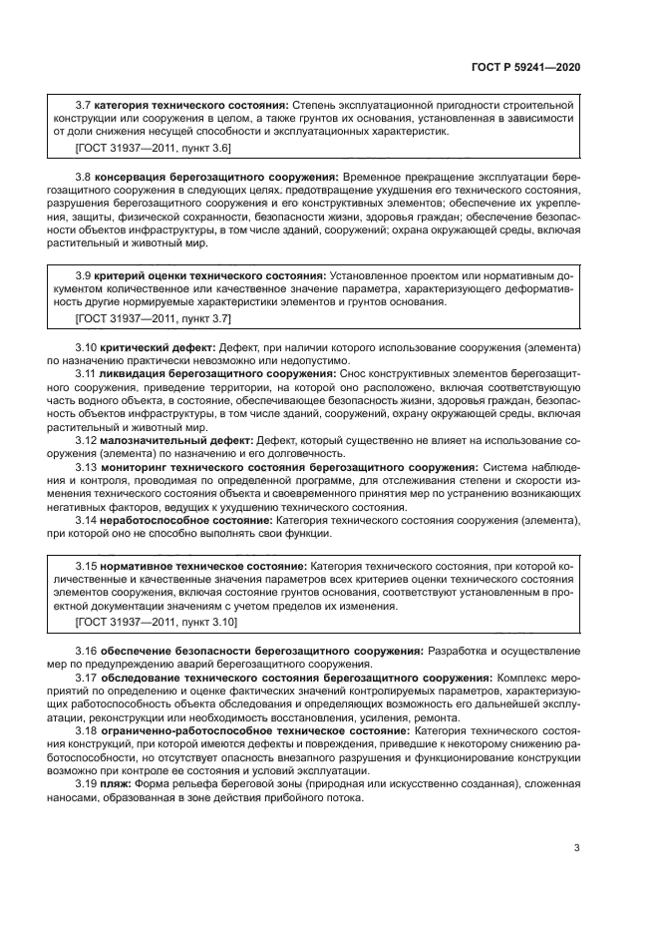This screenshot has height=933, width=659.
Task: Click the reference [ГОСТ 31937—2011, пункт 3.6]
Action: pyautogui.click(x=153, y=148)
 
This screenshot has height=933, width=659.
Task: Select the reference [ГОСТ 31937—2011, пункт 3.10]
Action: pyautogui.click(x=156, y=622)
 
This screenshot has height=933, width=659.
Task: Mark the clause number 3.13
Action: pyautogui.click(x=87, y=466)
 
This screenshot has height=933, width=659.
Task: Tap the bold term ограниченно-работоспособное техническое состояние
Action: pyautogui.click(x=254, y=729)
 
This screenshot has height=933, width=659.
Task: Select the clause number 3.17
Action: pyautogui.click(x=87, y=677)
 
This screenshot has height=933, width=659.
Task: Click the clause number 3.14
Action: pyautogui.click(x=87, y=520)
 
